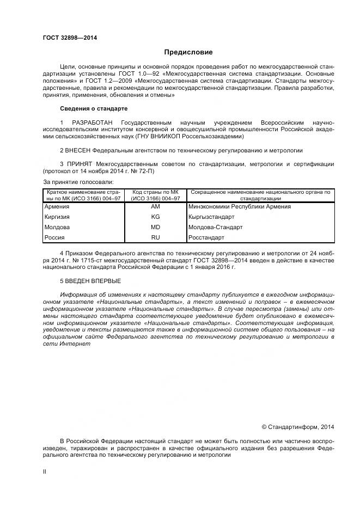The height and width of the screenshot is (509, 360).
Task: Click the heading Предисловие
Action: (x=188, y=52)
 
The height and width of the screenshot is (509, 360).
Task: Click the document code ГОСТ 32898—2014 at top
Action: (x=66, y=38)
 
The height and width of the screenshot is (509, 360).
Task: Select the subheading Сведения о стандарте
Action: (x=93, y=109)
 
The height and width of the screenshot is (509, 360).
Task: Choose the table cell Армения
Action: (x=57, y=207)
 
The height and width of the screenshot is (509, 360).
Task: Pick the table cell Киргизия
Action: (x=57, y=217)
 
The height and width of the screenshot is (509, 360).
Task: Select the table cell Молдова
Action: (x=57, y=228)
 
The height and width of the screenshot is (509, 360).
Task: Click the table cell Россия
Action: (x=54, y=238)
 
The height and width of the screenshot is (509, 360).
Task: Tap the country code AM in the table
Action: (x=155, y=207)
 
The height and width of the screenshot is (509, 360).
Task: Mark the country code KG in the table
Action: (x=155, y=217)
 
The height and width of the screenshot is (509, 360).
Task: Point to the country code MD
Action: (x=155, y=228)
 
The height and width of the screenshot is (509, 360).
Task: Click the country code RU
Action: (x=155, y=238)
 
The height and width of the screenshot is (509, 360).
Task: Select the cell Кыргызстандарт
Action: (x=213, y=217)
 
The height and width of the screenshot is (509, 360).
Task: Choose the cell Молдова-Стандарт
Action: (x=215, y=228)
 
